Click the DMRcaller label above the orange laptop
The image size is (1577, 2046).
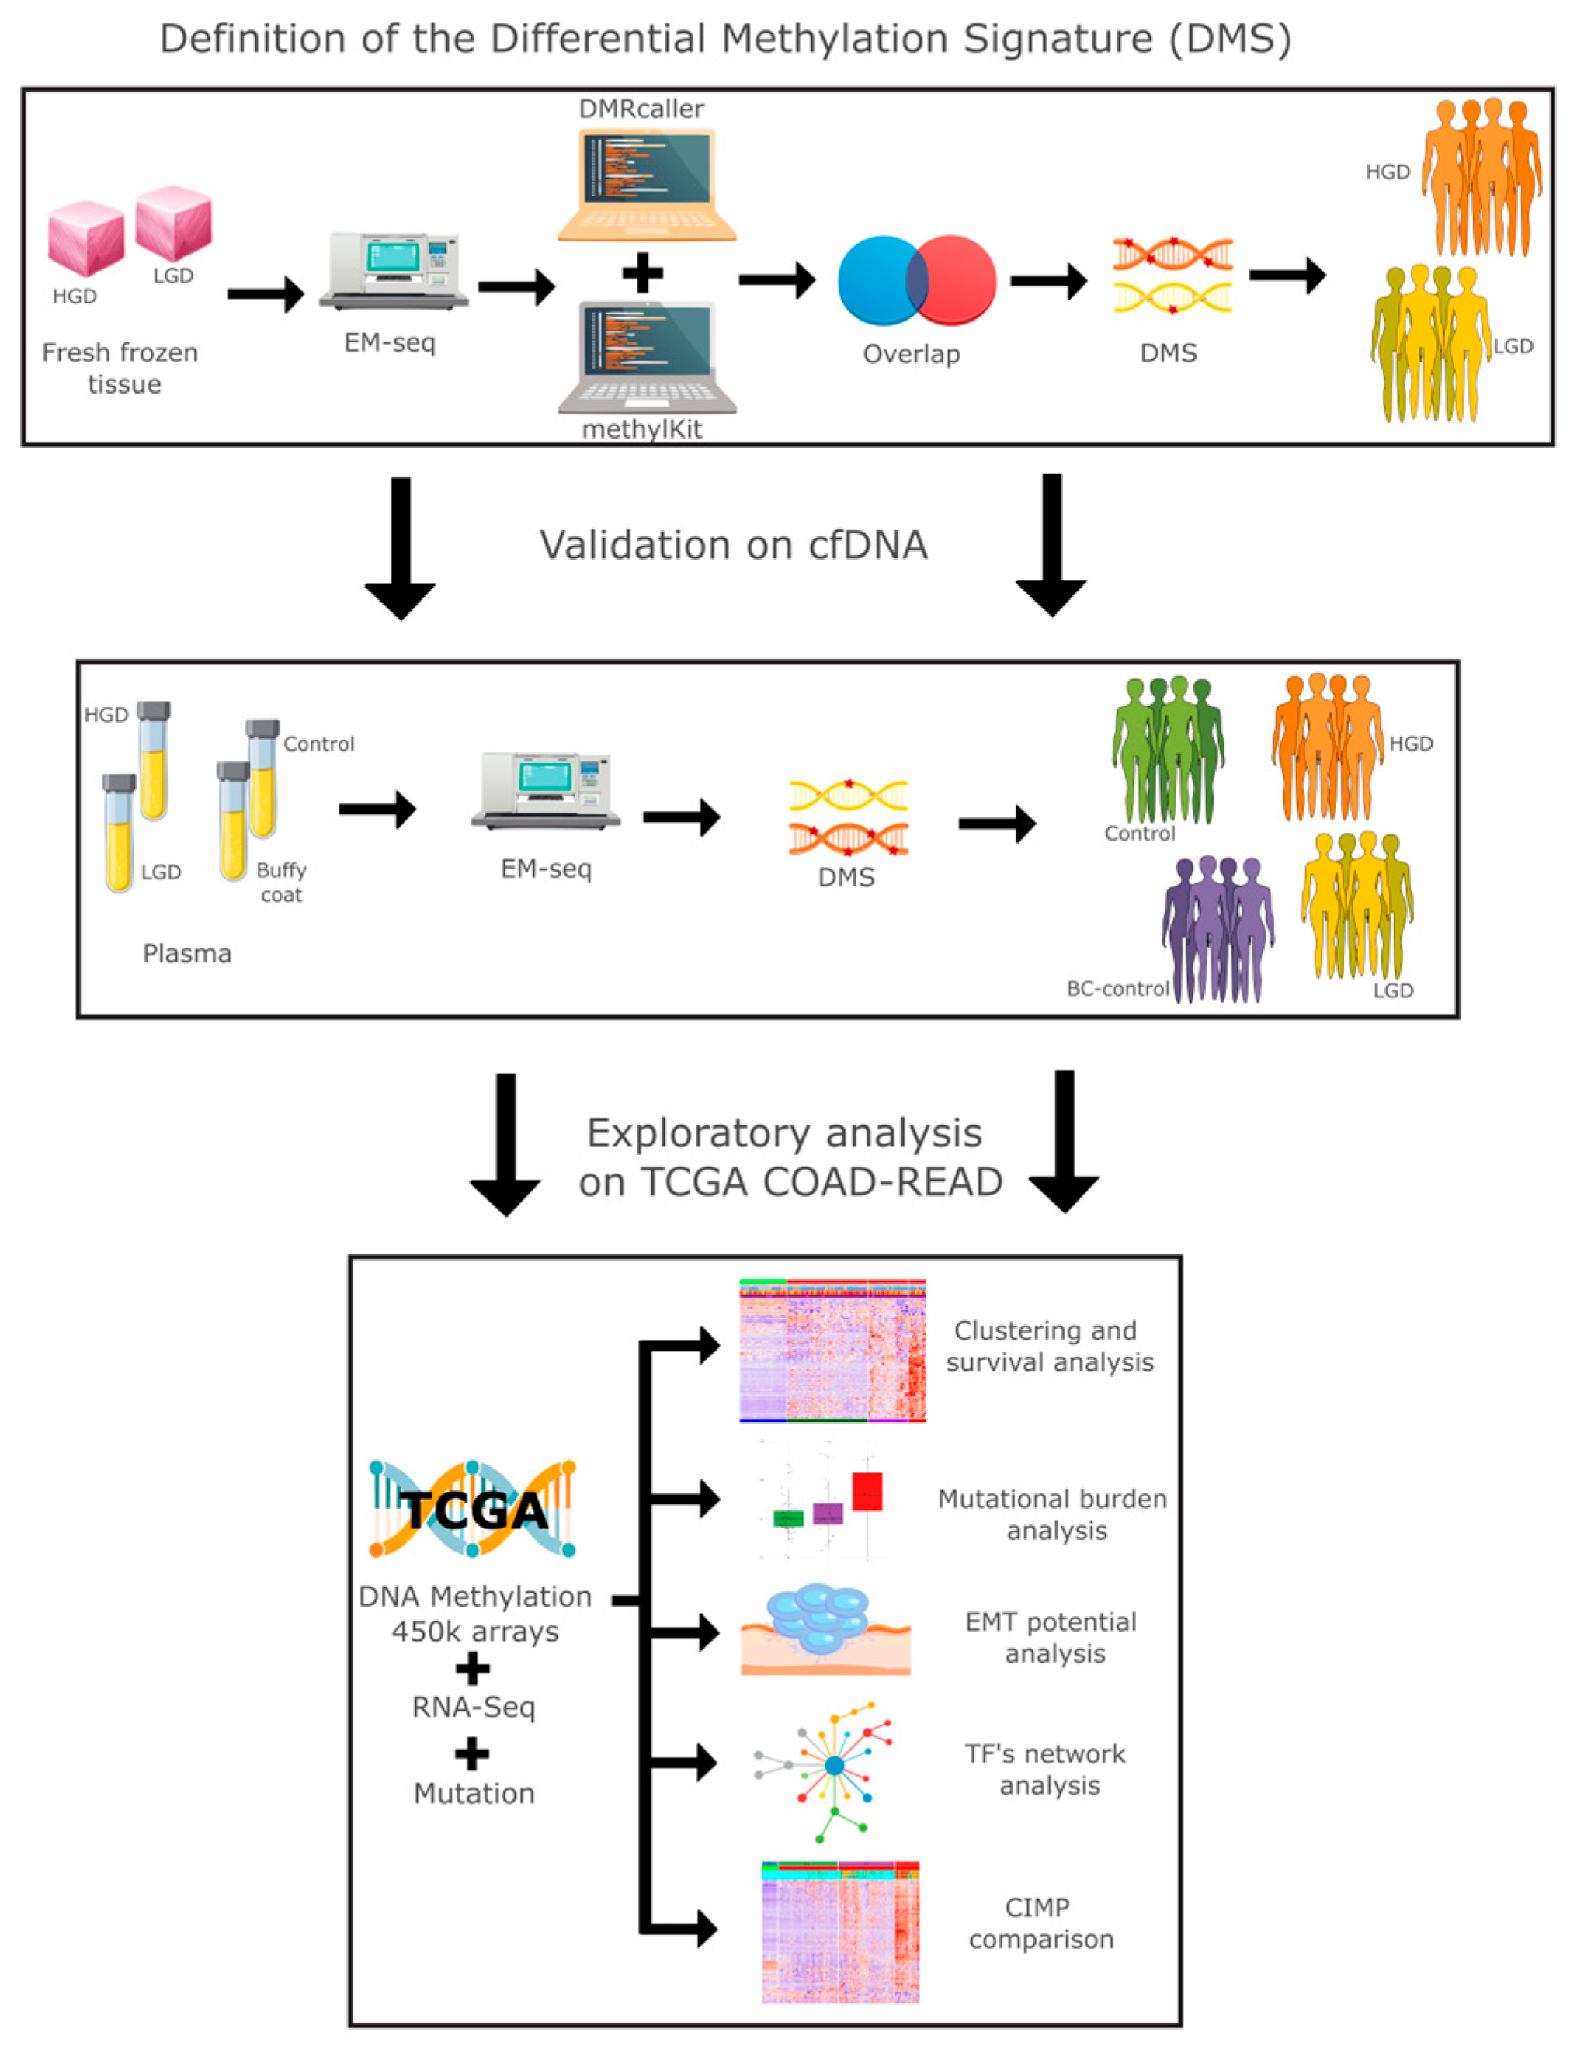642,109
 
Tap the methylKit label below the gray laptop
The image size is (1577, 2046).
642,429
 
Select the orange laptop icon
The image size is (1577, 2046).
647,185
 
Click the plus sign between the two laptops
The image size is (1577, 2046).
642,275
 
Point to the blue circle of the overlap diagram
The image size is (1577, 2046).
876,280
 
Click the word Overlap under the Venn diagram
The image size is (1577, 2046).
912,354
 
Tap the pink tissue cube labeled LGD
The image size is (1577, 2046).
173,223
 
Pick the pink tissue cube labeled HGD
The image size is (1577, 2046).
86,239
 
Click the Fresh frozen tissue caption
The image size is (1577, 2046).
121,368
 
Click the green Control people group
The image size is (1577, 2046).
1168,750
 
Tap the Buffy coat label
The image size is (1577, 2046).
281,883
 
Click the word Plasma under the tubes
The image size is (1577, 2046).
187,954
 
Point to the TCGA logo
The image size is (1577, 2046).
472,1508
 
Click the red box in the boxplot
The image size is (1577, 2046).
867,1491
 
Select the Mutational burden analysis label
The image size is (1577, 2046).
1053,1515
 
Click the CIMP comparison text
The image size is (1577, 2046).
1041,1923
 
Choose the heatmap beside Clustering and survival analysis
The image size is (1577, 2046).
832,1350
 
